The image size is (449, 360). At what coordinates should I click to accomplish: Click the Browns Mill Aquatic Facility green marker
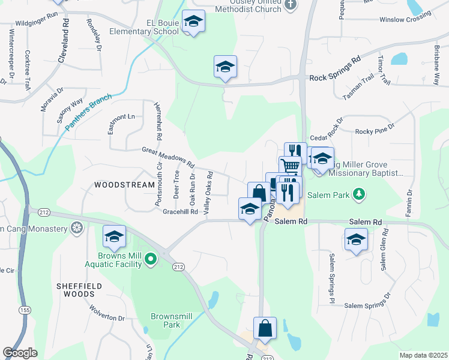click(151, 260)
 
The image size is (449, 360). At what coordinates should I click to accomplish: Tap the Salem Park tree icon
click(358, 194)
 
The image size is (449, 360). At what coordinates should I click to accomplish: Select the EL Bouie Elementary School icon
click(193, 22)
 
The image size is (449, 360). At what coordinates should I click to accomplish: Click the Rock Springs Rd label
click(335, 77)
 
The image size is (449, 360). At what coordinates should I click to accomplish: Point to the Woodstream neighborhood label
click(124, 185)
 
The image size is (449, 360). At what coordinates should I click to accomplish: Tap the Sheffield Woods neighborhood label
click(81, 290)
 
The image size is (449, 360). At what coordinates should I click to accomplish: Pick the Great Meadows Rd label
click(169, 157)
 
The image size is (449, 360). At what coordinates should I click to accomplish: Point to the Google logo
click(20, 352)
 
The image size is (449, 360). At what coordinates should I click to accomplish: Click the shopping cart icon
click(290, 166)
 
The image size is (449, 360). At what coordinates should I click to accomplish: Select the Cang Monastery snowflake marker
click(77, 227)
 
